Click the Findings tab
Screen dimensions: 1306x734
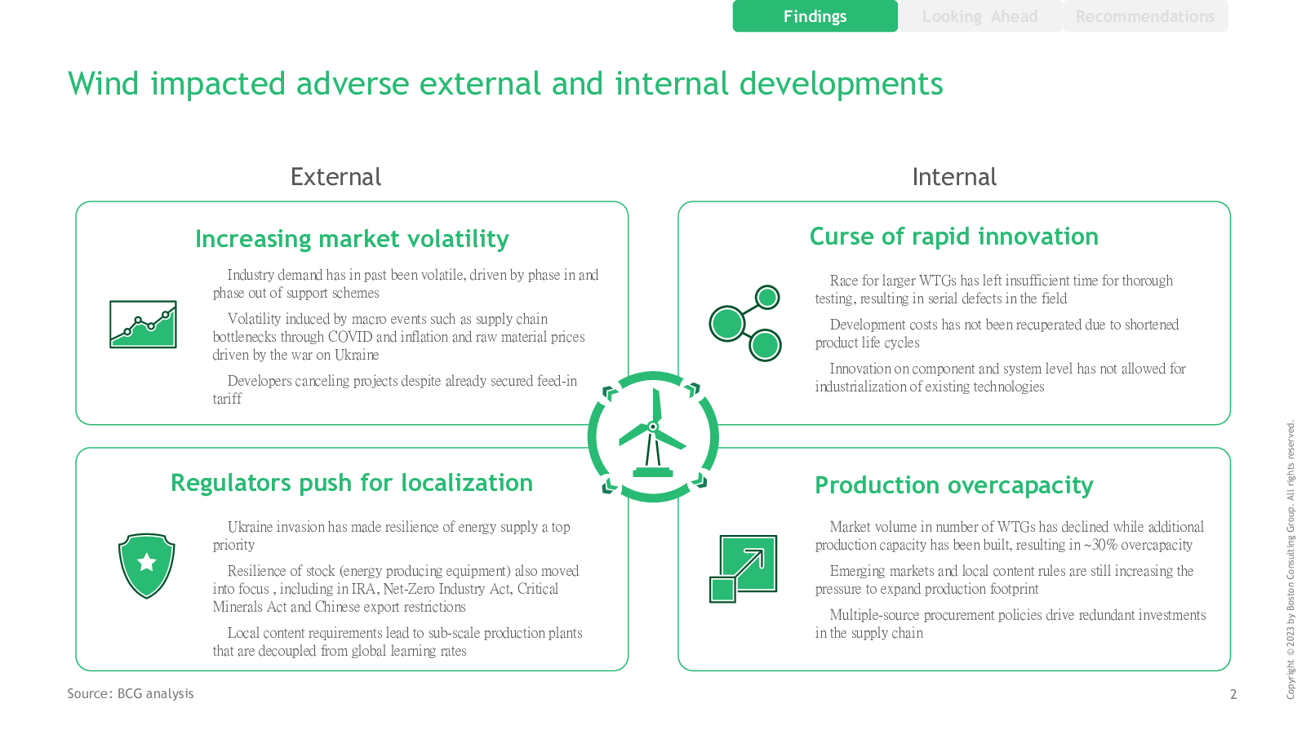[815, 16]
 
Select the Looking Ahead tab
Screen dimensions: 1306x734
[980, 16]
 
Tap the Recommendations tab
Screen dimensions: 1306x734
[1145, 16]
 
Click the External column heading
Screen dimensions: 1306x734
[335, 177]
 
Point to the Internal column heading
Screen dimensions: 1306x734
[954, 177]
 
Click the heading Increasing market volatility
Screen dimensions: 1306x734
[352, 239]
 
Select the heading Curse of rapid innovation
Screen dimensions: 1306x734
[954, 237]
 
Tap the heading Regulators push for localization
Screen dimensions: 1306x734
[352, 483]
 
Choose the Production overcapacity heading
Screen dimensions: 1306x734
[954, 485]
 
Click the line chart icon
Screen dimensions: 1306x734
[143, 325]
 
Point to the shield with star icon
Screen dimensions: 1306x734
[146, 566]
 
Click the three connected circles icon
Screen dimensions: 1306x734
[745, 323]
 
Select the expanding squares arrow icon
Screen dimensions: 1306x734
[744, 568]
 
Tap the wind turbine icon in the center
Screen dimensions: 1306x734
[653, 437]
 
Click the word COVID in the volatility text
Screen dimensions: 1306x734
[350, 338]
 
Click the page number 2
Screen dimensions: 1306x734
[1233, 694]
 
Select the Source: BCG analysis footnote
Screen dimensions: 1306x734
[131, 693]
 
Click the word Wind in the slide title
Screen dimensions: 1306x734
[103, 83]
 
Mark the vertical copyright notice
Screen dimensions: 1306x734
[1290, 559]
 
